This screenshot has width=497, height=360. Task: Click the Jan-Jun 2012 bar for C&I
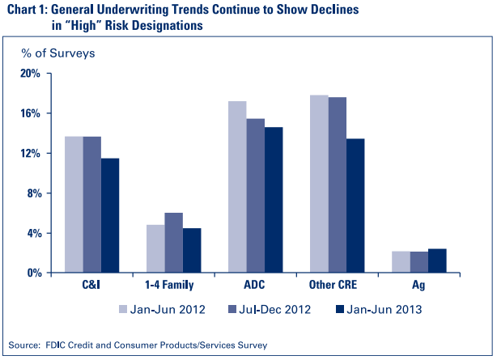pyautogui.click(x=74, y=205)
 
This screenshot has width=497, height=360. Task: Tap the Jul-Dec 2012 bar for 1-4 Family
pyautogui.click(x=174, y=243)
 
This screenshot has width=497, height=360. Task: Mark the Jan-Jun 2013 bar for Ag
pyautogui.click(x=437, y=260)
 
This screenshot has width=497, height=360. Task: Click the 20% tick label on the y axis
pyautogui.click(x=30, y=74)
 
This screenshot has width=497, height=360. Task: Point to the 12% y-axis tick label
pyautogui.click(x=30, y=154)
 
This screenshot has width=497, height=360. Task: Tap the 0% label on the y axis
pyautogui.click(x=32, y=273)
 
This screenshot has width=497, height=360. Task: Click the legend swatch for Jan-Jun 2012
pyautogui.click(x=123, y=309)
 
